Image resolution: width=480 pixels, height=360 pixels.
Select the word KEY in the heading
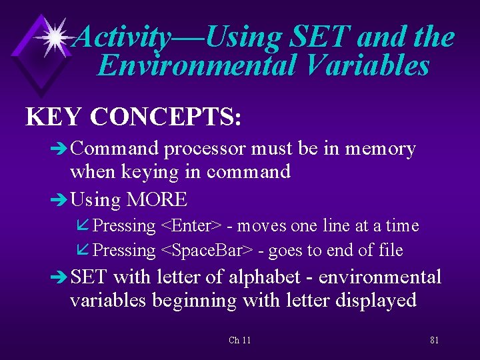(54, 117)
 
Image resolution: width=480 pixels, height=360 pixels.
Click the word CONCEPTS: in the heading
(166, 117)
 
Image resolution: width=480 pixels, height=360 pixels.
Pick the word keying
(150, 172)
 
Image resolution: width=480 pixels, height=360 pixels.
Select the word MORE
(157, 199)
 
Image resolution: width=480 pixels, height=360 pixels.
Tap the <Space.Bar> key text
(207, 250)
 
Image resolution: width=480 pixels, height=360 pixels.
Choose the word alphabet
(258, 277)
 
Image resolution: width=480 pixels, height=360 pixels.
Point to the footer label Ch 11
(239, 340)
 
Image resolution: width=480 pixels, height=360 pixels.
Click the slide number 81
(434, 340)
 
